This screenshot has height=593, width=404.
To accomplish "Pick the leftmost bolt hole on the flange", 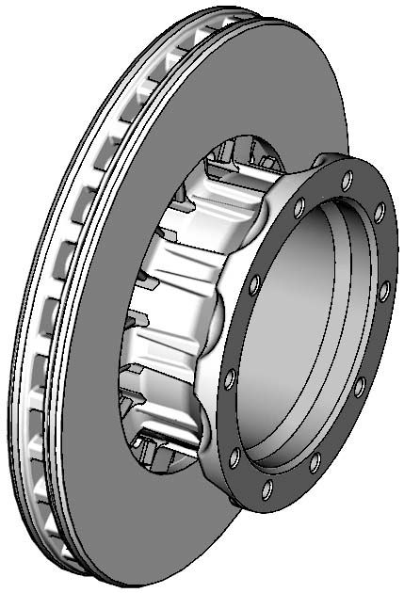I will (x=229, y=379).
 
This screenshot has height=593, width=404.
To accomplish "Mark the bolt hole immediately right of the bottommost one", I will (x=315, y=461).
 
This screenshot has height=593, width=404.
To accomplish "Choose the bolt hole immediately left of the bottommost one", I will (x=234, y=457).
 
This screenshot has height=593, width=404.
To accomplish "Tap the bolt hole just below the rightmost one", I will (x=359, y=386).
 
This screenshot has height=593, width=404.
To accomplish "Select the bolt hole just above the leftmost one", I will (x=254, y=282).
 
